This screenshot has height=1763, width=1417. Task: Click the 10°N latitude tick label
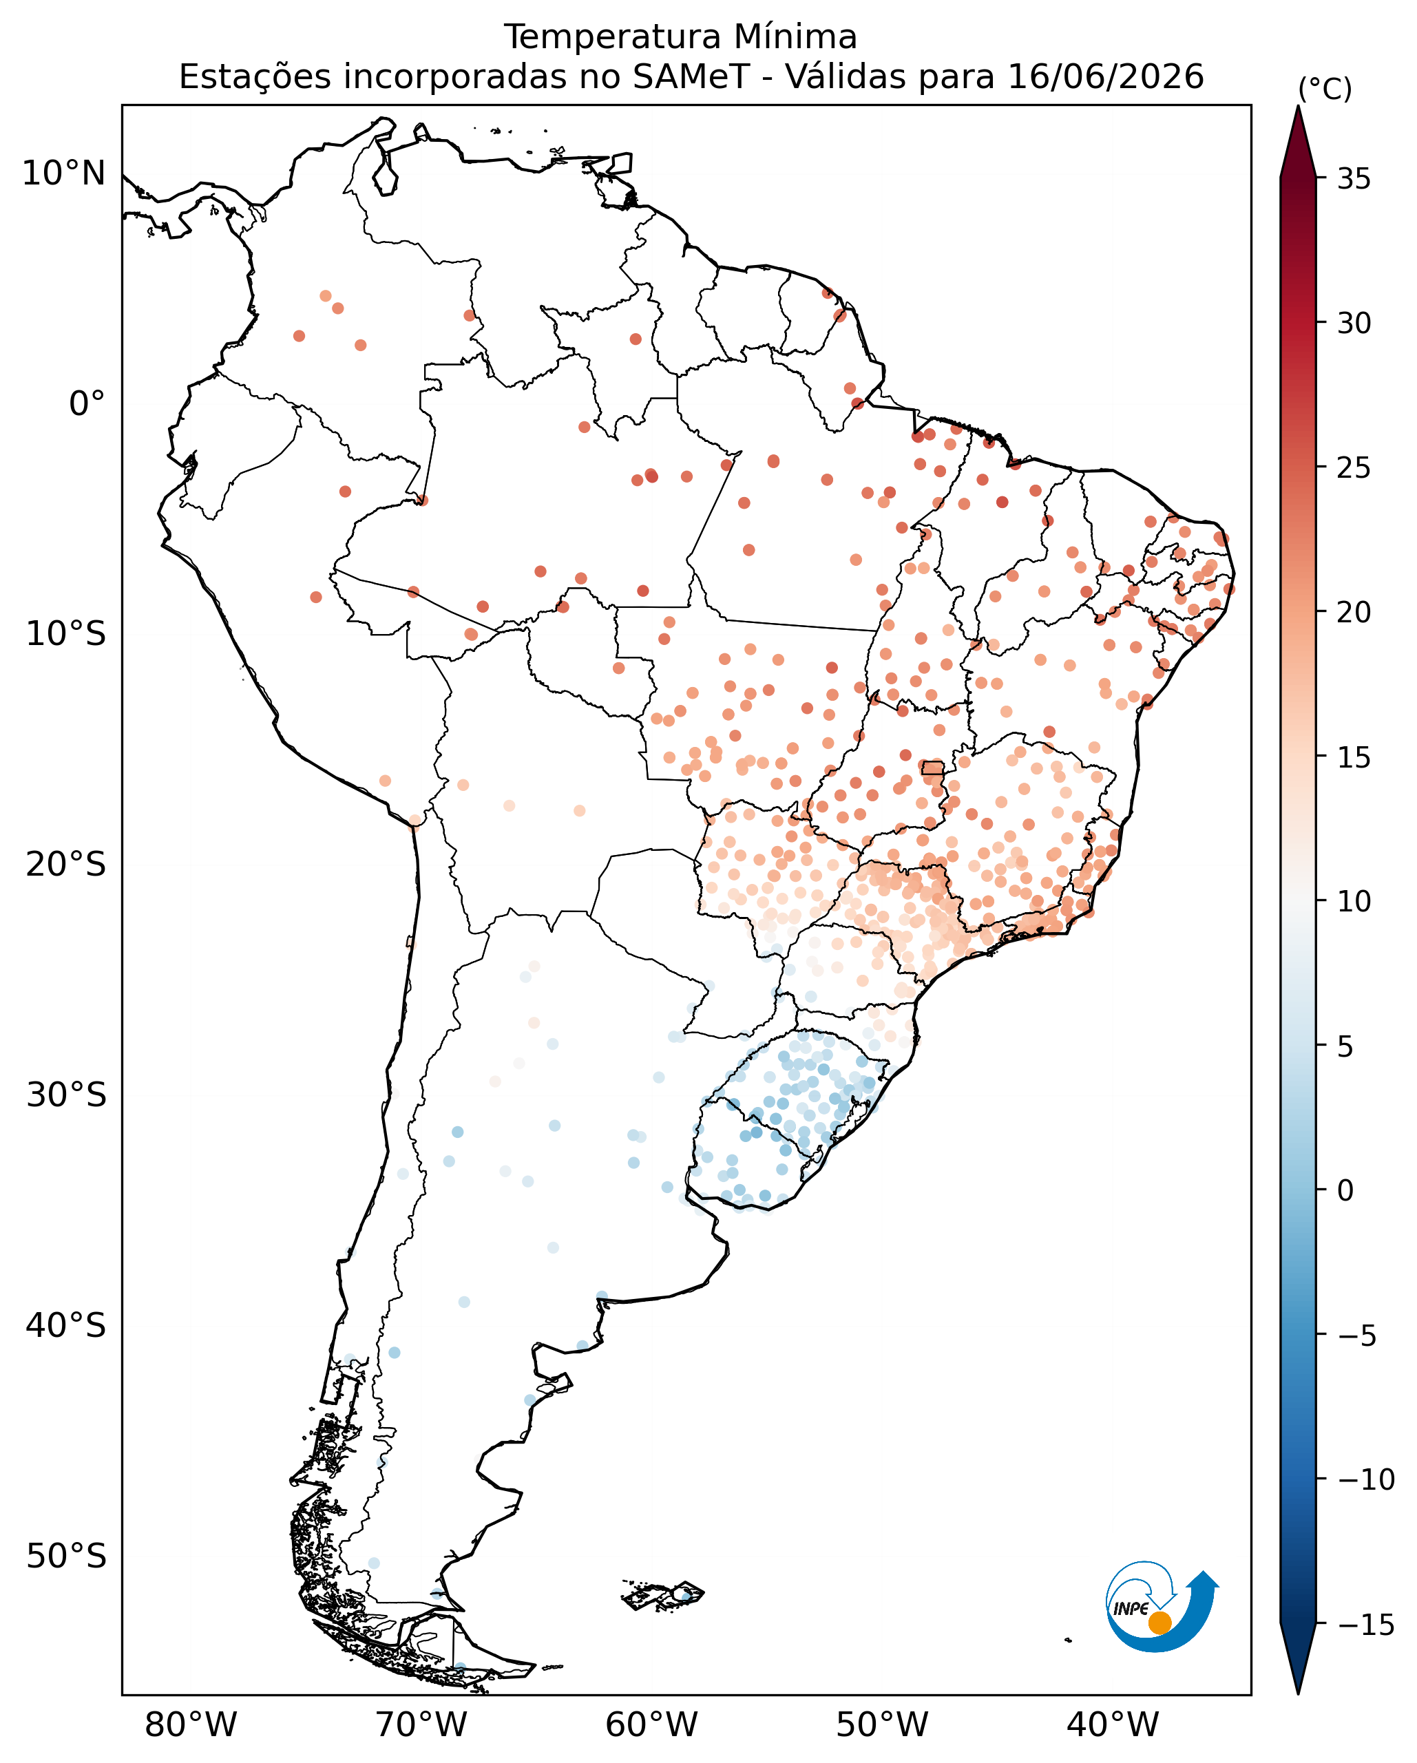pos(64,173)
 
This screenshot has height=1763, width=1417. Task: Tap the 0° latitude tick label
pos(87,404)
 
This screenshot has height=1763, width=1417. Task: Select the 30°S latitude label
pos(66,1095)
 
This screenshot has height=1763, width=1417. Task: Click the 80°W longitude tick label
pos(191,1725)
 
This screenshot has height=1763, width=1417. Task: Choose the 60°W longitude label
pos(651,1725)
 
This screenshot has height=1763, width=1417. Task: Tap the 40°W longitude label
pos(1113,1725)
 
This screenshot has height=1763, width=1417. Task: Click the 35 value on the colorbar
pos(1354,179)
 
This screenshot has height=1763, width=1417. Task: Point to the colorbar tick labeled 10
pos(1354,902)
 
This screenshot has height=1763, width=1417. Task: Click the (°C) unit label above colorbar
pos(1325,89)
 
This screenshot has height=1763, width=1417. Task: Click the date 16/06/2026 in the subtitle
pos(1106,77)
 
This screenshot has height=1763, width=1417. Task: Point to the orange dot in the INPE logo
pos(1159,1623)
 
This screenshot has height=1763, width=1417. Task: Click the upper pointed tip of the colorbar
pos(1299,106)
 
